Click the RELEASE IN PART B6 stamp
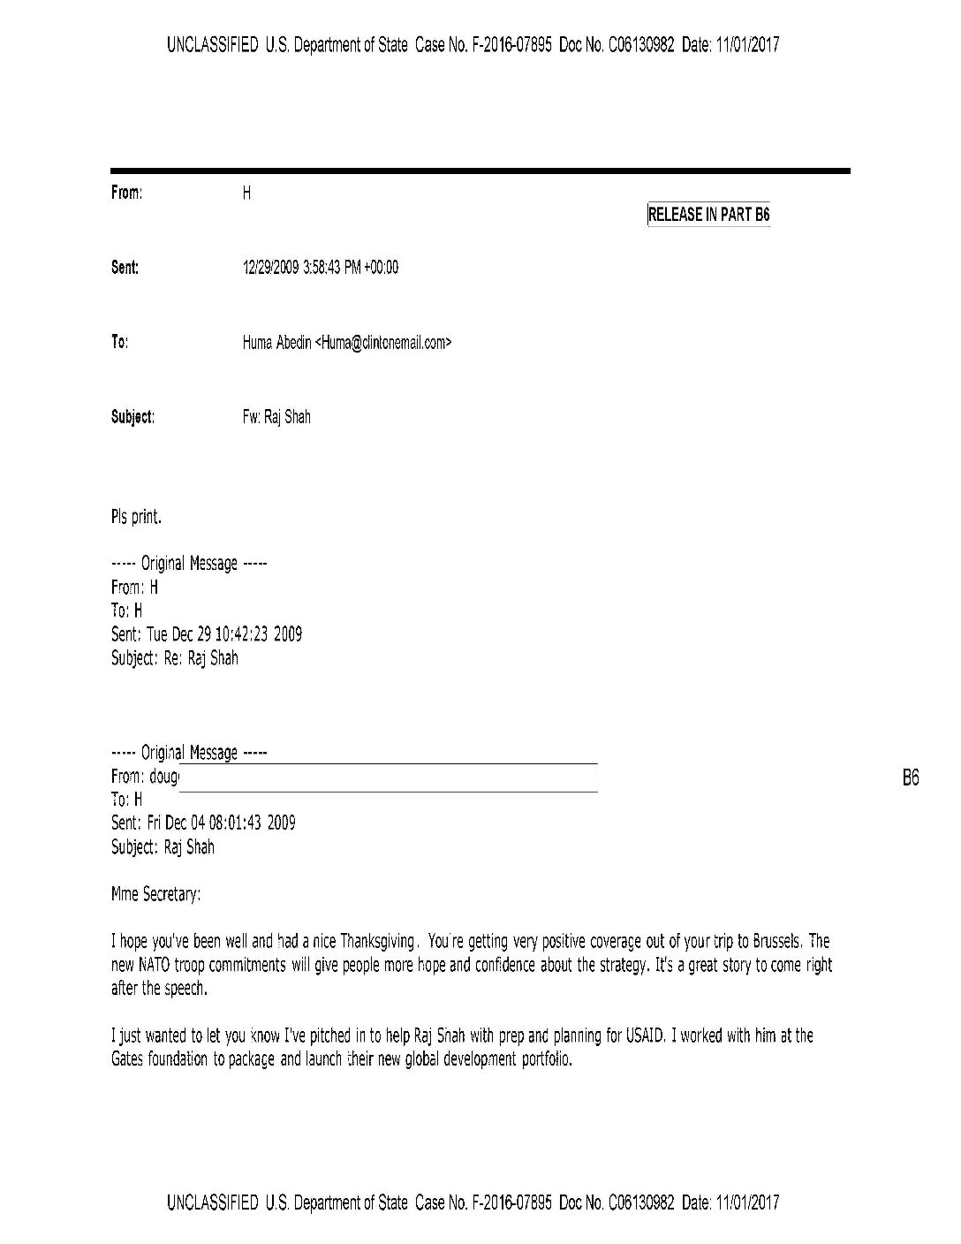coord(708,215)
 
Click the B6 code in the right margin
coord(911,778)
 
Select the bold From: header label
coord(126,193)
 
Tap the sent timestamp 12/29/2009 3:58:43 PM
coord(320,268)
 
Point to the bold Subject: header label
coord(132,417)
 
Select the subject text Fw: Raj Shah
coord(276,417)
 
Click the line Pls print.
coord(136,518)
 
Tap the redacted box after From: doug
coord(389,777)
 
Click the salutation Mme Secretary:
coord(156,895)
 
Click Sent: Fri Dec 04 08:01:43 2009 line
coord(203,823)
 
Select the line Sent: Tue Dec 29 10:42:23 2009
coord(207,634)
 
